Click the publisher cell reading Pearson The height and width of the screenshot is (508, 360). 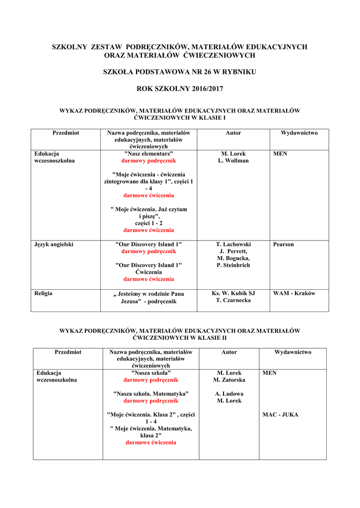[284, 245]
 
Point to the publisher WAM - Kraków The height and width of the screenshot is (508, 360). [294, 293]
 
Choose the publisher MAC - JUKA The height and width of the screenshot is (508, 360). [280, 415]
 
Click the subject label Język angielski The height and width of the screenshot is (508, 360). [54, 245]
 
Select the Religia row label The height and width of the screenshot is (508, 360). [43, 293]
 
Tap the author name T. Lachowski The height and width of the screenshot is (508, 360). [233, 245]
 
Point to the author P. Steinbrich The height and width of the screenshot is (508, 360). [233, 265]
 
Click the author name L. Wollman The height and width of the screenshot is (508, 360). [233, 161]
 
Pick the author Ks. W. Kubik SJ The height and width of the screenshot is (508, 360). [233, 293]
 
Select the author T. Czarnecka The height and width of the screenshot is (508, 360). [233, 300]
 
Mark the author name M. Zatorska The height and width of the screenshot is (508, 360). [229, 380]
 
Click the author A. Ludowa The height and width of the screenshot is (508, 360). [229, 394]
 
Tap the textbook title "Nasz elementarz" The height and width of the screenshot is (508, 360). [148, 154]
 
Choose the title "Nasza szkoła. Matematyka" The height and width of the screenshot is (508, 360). [151, 394]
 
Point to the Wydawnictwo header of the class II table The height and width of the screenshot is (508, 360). [293, 352]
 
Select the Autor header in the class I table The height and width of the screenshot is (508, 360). [233, 133]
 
